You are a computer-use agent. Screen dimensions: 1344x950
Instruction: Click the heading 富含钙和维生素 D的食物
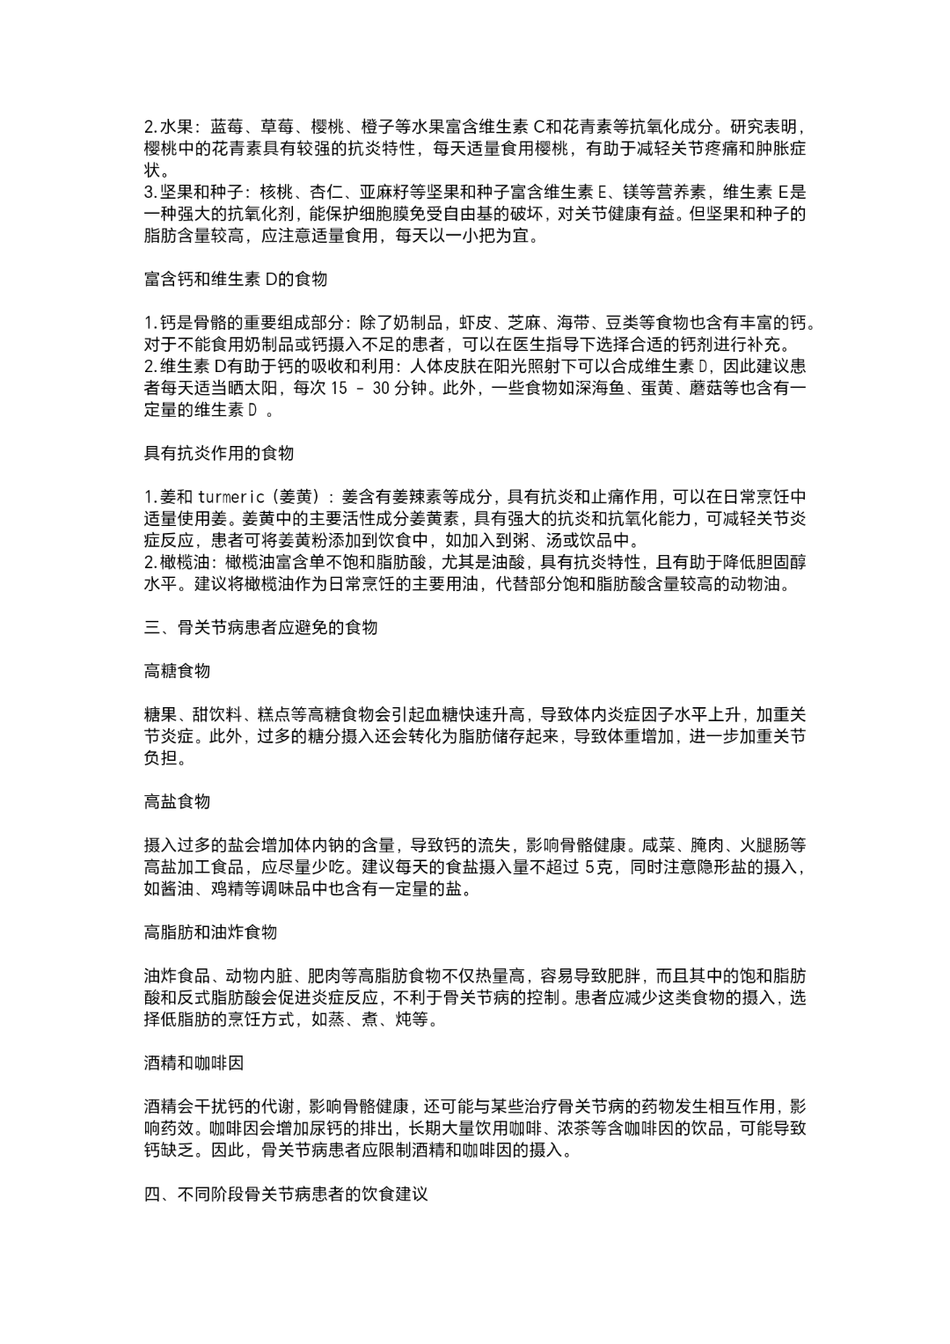click(x=235, y=279)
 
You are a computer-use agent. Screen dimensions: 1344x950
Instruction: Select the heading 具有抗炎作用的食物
click(x=218, y=453)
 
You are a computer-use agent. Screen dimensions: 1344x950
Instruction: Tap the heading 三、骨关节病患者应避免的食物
click(x=260, y=627)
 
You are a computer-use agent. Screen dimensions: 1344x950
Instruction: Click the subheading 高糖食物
click(x=177, y=671)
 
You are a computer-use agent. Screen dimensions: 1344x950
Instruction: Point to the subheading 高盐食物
click(x=177, y=801)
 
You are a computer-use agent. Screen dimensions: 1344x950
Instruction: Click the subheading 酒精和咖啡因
click(x=194, y=1063)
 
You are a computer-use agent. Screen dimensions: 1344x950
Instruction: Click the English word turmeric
click(x=231, y=497)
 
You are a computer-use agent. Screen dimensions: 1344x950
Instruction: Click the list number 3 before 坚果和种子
click(x=148, y=193)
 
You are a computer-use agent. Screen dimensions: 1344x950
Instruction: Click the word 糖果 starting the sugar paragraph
click(x=160, y=714)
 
